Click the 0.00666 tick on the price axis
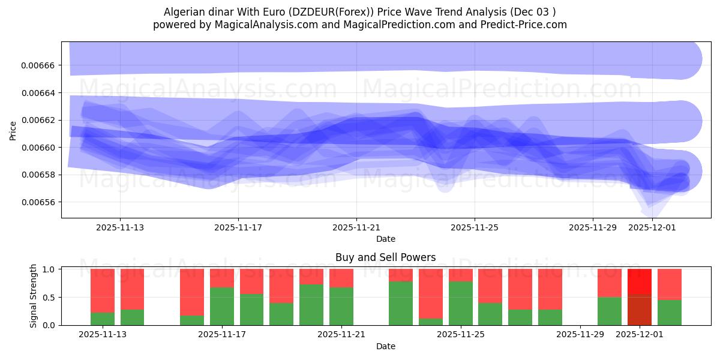click(38, 65)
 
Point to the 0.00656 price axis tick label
click(38, 202)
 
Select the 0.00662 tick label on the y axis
click(38, 120)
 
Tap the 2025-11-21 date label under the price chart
click(356, 227)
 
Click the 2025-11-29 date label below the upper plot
click(593, 227)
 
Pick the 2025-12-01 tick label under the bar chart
click(640, 335)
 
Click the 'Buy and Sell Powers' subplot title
click(385, 257)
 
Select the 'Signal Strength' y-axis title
click(34, 296)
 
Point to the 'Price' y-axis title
click(13, 130)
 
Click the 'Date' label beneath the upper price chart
click(385, 239)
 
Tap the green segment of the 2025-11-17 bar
click(222, 306)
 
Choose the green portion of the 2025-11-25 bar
click(461, 303)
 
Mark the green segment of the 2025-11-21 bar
click(341, 306)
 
